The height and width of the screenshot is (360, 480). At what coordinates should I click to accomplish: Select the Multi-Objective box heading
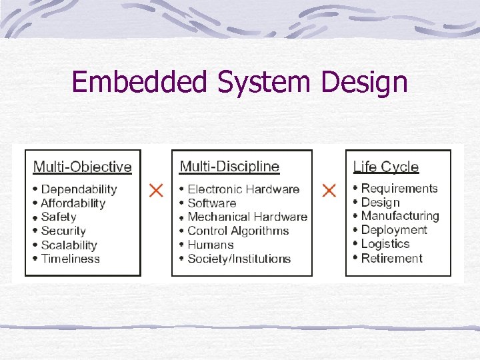tap(83, 167)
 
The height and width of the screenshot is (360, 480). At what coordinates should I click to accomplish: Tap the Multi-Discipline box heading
tap(229, 166)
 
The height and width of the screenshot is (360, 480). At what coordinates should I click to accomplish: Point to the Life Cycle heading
tap(386, 167)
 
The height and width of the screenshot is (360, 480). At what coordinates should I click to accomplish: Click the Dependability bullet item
tap(79, 189)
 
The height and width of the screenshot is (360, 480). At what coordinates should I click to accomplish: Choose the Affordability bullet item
tap(73, 203)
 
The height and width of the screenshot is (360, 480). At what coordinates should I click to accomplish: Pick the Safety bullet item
tap(59, 217)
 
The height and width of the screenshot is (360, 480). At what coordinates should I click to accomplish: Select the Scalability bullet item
tap(69, 245)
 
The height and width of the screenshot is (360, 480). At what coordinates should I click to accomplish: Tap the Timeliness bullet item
tap(70, 259)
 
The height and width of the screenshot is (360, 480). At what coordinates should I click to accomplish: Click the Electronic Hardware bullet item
tap(243, 189)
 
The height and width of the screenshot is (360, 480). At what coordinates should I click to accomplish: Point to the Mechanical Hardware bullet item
tap(247, 217)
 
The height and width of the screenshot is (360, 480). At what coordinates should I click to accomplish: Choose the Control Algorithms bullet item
tap(238, 231)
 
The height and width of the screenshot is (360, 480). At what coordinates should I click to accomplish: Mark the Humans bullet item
tap(211, 245)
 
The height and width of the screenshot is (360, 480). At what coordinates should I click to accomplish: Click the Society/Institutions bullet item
tap(239, 259)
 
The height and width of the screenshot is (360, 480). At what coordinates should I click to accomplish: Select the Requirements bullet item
tap(399, 189)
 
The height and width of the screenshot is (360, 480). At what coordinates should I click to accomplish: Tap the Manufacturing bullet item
tap(400, 216)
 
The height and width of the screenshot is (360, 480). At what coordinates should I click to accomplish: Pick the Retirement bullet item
tap(392, 258)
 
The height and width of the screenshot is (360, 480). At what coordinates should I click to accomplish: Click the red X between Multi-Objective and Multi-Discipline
tap(156, 191)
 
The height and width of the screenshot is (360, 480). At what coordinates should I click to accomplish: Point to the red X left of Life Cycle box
tap(329, 191)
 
